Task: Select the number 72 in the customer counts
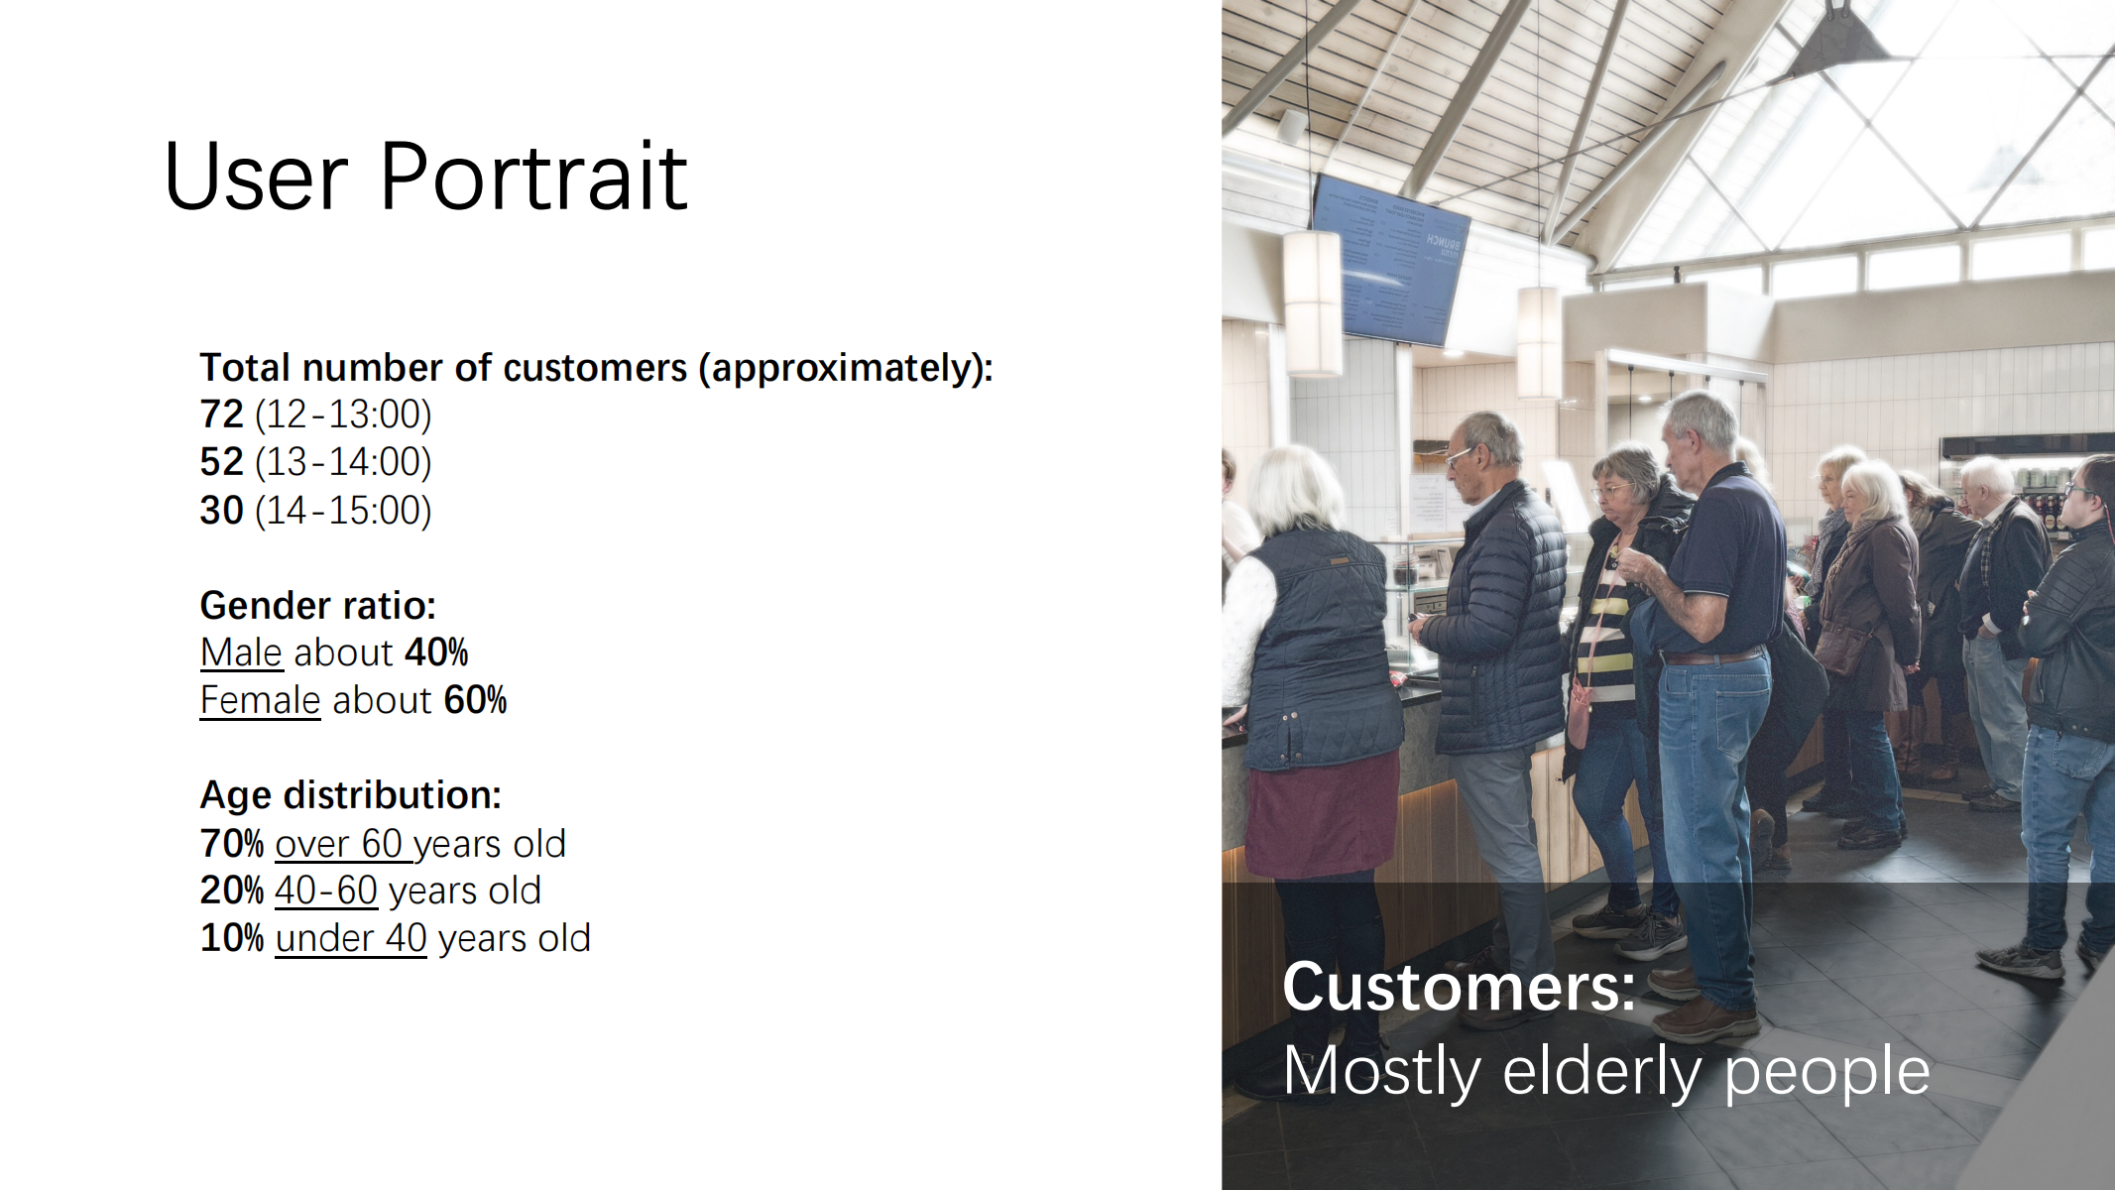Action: point(221,415)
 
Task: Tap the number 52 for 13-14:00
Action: point(221,462)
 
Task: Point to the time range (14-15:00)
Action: point(343,511)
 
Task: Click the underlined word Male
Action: point(242,653)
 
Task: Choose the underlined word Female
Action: point(261,700)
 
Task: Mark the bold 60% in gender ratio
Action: point(475,700)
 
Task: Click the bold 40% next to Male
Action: point(436,653)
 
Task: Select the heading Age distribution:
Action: point(351,795)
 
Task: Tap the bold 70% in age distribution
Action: point(232,844)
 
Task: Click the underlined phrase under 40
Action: point(351,938)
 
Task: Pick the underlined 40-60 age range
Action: point(326,891)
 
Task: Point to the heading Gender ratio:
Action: point(318,605)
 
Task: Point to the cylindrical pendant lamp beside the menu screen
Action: point(1313,302)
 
